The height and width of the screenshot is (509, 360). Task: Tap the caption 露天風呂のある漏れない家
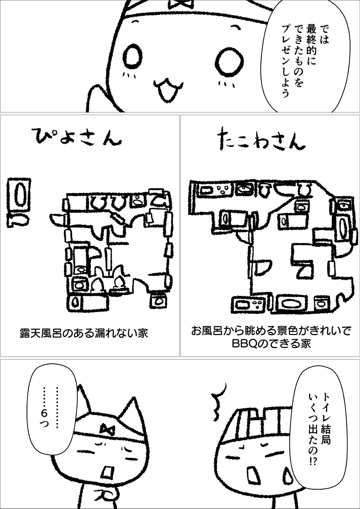click(x=84, y=333)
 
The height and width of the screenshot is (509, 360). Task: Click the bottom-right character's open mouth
click(x=252, y=475)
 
